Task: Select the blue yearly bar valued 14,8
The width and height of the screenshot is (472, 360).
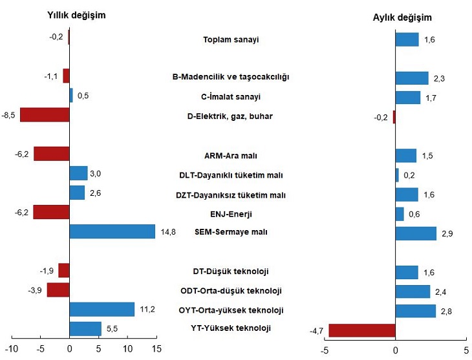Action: click(x=112, y=231)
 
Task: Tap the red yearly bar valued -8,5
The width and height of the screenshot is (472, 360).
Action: click(x=45, y=115)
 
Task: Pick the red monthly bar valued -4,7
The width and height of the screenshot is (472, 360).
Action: click(x=362, y=330)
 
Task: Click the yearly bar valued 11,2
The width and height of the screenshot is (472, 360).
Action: click(x=102, y=309)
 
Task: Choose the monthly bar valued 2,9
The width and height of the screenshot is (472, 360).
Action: click(x=416, y=233)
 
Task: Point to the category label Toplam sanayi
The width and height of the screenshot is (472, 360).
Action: click(x=231, y=39)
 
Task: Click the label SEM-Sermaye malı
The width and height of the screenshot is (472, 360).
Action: click(x=231, y=231)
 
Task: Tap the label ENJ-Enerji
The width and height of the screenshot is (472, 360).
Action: click(x=231, y=213)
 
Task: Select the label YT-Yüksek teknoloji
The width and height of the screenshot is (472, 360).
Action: click(x=231, y=328)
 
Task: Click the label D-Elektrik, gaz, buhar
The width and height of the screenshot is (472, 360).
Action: click(x=231, y=116)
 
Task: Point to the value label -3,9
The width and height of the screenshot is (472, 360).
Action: click(x=35, y=290)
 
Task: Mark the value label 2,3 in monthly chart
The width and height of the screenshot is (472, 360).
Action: click(x=440, y=78)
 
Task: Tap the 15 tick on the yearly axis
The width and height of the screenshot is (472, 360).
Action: click(x=156, y=350)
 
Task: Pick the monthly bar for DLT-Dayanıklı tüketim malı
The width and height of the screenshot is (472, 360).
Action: click(x=397, y=175)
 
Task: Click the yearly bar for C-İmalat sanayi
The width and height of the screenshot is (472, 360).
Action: click(x=71, y=96)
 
